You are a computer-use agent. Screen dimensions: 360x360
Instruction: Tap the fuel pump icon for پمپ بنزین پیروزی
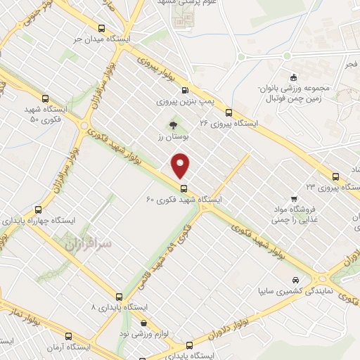(185, 89)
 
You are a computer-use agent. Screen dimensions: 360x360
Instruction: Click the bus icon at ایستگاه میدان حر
(103, 30)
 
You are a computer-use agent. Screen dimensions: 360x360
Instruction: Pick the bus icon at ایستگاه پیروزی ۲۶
(228, 112)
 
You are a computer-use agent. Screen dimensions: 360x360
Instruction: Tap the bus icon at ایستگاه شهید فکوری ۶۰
(184, 188)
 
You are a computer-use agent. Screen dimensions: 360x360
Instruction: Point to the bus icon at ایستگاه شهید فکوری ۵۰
(46, 99)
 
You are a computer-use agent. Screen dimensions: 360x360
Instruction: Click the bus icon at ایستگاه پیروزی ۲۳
(335, 177)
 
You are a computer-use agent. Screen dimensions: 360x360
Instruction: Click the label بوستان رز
(169, 137)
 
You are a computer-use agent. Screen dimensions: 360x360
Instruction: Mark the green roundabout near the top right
(287, 56)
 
